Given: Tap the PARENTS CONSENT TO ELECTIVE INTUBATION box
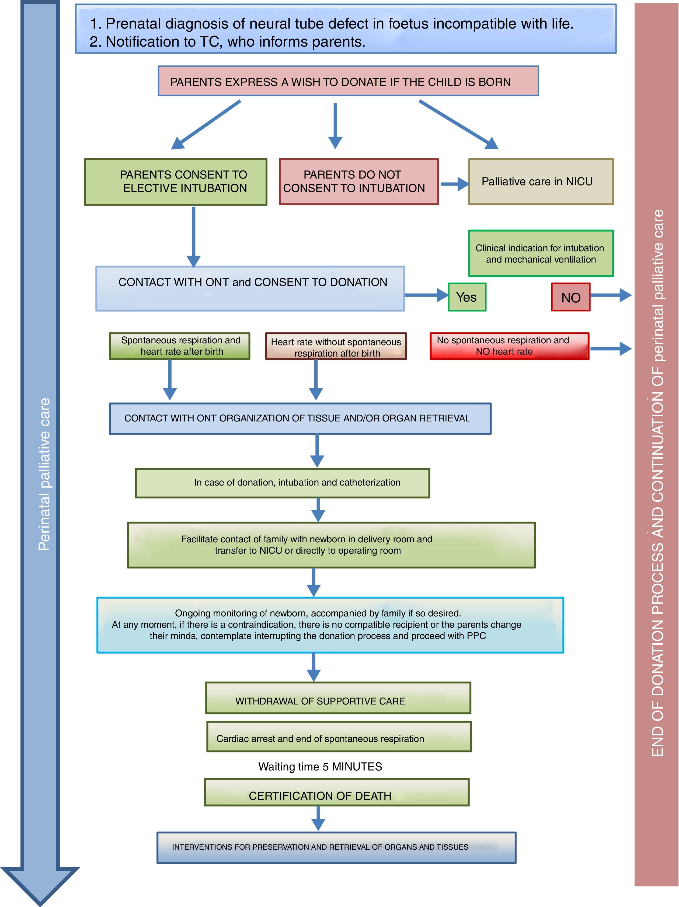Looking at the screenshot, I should click(x=176, y=182).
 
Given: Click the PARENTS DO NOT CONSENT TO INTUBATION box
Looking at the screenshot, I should click(x=358, y=182).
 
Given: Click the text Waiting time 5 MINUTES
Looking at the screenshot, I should click(x=320, y=766).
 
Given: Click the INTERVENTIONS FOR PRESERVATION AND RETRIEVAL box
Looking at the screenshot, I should click(x=336, y=847).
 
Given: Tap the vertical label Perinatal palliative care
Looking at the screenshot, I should click(x=44, y=474).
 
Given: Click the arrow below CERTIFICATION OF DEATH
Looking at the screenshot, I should click(x=318, y=818).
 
